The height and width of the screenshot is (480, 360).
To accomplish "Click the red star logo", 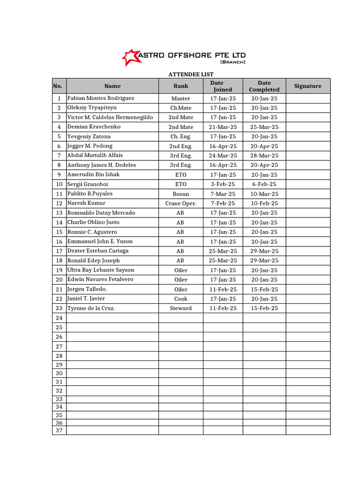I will pos(130,57).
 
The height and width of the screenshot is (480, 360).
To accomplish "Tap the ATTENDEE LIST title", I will pos(191,75).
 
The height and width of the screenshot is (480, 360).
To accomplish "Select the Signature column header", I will pos(307,86).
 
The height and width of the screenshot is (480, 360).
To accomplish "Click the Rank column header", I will pos(180,86).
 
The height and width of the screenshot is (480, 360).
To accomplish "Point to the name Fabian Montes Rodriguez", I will pos(101,98).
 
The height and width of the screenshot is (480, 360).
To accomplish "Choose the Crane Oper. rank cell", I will pos(180,203).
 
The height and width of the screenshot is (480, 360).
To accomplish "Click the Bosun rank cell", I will pos(180,194).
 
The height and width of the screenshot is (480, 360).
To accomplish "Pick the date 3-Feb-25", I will pos(223,184).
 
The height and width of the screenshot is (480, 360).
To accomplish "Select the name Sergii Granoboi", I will pos(88,184).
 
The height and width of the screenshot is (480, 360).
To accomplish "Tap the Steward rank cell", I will pos(180,308).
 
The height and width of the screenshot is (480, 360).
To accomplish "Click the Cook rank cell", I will pos(180,299).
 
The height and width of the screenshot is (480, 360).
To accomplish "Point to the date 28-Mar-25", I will pos(264,156).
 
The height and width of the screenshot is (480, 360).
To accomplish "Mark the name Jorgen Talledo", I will pos(87,289).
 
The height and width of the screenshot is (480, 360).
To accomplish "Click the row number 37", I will pos(59,430).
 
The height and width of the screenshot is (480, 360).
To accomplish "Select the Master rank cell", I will pos(180,98).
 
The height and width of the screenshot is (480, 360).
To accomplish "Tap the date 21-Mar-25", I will pos(223,127).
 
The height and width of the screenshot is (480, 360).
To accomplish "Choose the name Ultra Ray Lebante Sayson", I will pos(101,270).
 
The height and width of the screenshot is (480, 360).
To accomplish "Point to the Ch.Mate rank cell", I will pos(180,108).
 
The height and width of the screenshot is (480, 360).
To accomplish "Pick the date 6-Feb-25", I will pos(264,184).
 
